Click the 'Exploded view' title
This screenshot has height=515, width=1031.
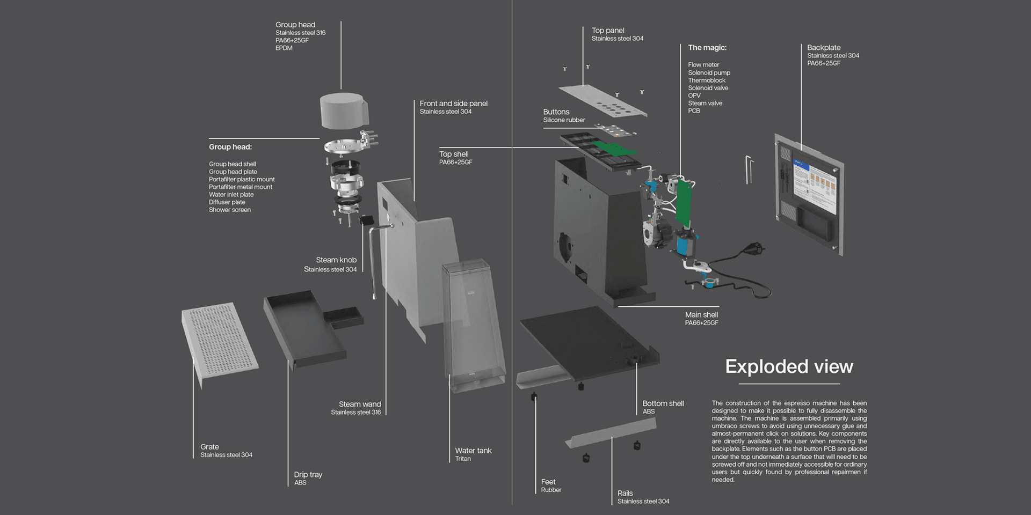click(x=789, y=367)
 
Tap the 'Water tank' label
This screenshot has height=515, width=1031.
click(x=473, y=451)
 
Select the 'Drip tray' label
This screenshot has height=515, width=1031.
click(x=308, y=475)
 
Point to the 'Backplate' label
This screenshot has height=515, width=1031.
click(x=824, y=48)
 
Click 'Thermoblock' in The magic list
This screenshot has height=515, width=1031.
click(x=707, y=80)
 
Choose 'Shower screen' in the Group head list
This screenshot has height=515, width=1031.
click(x=230, y=210)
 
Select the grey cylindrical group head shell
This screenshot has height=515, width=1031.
click(x=344, y=111)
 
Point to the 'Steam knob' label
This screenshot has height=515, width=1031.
click(x=336, y=260)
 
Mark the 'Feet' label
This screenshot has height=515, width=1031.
click(x=548, y=482)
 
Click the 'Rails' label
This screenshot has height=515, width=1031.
click(x=625, y=493)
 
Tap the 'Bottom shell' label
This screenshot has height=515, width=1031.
click(x=663, y=403)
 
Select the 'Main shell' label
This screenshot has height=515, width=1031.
click(x=701, y=315)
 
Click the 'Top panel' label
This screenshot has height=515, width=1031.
click(x=608, y=31)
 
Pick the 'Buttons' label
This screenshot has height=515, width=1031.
click(x=556, y=112)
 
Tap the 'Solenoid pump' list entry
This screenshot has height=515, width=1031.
click(x=709, y=73)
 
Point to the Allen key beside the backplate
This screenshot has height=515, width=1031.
click(x=749, y=169)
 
